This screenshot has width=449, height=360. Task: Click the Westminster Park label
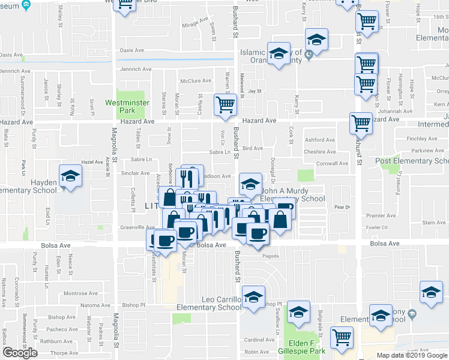click(126, 107)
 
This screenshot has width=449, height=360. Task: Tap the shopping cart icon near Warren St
click(225, 104)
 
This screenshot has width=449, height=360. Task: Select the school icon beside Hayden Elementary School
click(71, 176)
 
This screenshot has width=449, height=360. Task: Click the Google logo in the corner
click(20, 353)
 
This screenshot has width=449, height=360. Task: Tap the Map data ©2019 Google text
click(412, 355)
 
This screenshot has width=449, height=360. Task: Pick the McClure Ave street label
click(196, 81)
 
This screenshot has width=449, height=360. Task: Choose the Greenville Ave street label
click(137, 227)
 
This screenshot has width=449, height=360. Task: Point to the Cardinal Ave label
click(259, 340)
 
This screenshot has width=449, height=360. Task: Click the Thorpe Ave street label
click(62, 353)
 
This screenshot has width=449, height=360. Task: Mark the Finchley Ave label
click(421, 138)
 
